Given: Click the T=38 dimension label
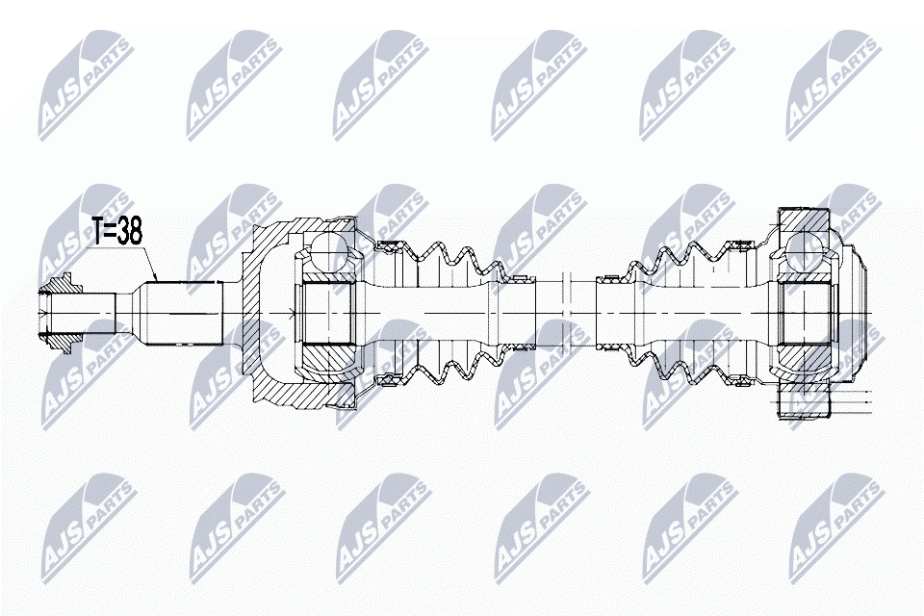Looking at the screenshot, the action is [117, 231].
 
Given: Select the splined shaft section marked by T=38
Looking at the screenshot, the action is [182, 314].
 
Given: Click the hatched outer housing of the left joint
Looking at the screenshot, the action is [258, 313].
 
